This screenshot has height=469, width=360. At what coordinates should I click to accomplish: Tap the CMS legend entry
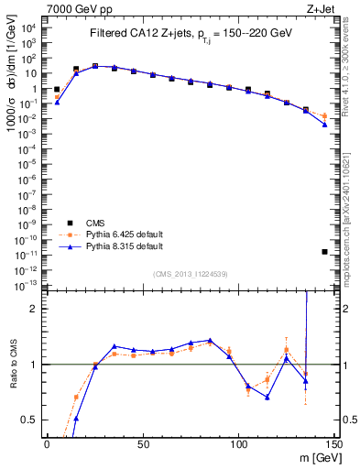95,224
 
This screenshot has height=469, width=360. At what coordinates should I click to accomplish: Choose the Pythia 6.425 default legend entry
125,235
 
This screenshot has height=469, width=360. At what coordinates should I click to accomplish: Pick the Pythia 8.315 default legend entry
125,246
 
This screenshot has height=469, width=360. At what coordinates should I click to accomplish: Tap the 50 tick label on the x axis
142,444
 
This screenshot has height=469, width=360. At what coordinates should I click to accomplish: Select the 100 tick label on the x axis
238,444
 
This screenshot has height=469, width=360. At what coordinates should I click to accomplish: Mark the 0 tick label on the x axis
47,444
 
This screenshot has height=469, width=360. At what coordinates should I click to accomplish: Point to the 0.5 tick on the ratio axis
31,420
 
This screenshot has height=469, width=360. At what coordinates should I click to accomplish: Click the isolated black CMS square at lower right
325,251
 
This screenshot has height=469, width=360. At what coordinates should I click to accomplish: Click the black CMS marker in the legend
71,224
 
